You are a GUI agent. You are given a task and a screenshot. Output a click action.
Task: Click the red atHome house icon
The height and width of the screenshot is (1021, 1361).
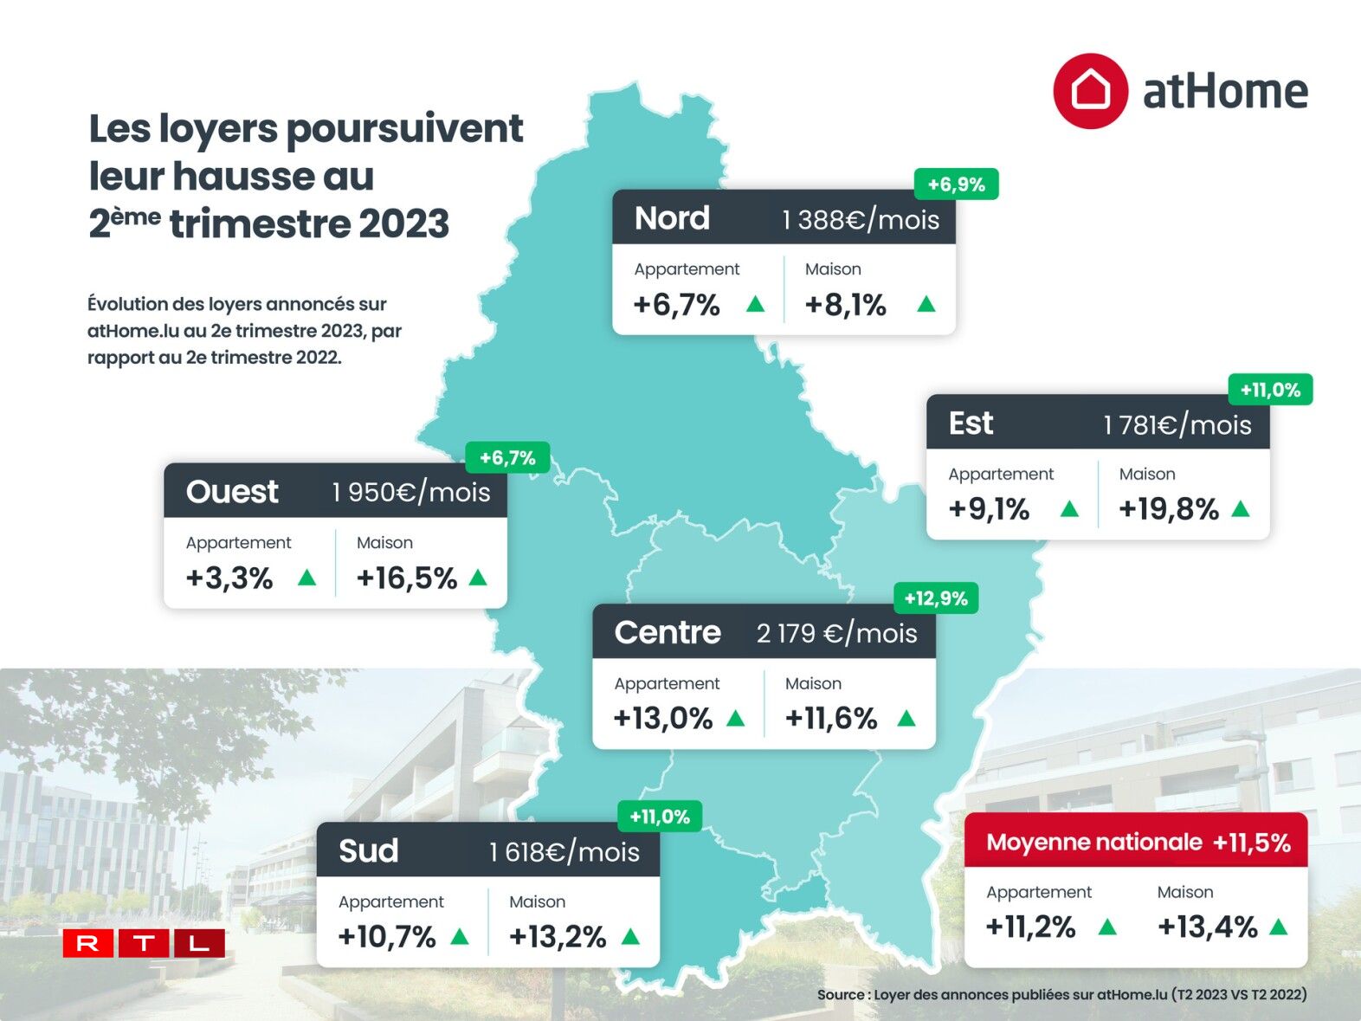click(x=1090, y=91)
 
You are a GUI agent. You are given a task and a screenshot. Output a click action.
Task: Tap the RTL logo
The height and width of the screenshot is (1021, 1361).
click(x=144, y=943)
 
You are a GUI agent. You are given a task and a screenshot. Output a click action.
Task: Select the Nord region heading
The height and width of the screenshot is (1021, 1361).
click(x=672, y=218)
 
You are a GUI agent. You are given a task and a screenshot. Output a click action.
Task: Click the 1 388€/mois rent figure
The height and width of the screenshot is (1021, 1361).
click(x=860, y=220)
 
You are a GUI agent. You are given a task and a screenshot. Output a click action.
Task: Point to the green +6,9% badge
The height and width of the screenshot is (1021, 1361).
click(x=956, y=184)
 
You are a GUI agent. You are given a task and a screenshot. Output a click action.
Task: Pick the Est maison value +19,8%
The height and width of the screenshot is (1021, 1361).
click(x=1168, y=509)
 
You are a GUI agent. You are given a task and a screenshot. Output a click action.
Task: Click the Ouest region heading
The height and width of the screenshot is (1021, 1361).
click(x=232, y=492)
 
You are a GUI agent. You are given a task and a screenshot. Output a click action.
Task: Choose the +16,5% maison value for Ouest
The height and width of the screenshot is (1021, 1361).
click(x=406, y=578)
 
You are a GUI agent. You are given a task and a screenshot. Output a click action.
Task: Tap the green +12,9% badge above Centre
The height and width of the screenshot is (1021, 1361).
click(x=935, y=598)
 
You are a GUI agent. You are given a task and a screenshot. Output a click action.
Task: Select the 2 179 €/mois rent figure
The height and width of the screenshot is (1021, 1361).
click(x=836, y=633)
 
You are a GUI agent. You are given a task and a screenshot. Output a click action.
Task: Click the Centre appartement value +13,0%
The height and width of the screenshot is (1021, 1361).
click(x=662, y=719)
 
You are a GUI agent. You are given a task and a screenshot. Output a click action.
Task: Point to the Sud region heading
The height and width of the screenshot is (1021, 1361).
click(x=368, y=851)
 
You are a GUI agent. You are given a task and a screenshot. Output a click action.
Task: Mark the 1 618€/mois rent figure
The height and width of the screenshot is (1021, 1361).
click(x=564, y=852)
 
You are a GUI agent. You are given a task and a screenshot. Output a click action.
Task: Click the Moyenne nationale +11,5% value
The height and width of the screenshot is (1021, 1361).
click(x=1251, y=843)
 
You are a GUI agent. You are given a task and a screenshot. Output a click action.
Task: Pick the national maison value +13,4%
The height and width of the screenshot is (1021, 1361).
click(x=1207, y=927)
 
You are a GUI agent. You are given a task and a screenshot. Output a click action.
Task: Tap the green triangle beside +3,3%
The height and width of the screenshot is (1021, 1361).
click(x=306, y=578)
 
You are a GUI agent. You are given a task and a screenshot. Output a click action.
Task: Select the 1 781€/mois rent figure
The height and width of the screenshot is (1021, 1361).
click(x=1177, y=425)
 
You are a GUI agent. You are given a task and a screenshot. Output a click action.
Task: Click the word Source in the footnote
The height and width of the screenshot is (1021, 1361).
click(x=840, y=995)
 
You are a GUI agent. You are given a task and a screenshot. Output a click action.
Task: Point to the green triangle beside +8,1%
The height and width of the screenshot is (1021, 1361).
click(x=926, y=304)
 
